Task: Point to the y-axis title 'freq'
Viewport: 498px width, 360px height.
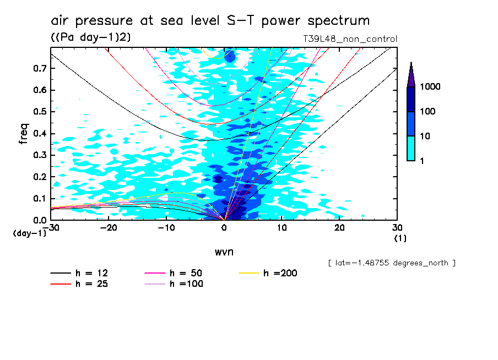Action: click(x=24, y=134)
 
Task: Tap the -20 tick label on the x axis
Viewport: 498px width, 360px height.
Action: click(x=109, y=227)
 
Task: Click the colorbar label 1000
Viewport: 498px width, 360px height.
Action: click(x=431, y=87)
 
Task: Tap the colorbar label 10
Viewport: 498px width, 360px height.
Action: click(x=427, y=135)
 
